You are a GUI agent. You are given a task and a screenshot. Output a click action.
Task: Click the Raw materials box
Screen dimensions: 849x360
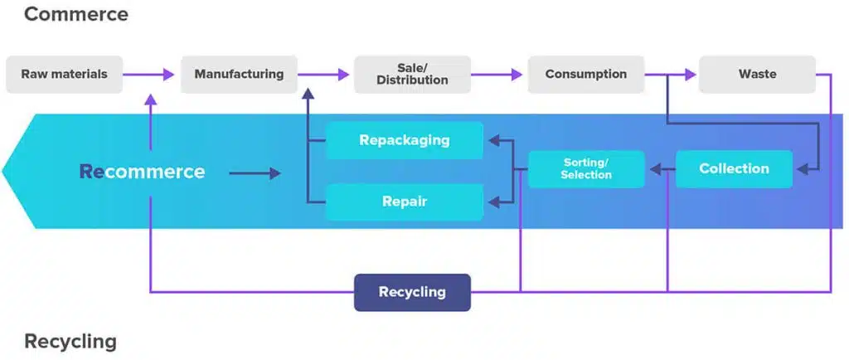pyautogui.click(x=65, y=74)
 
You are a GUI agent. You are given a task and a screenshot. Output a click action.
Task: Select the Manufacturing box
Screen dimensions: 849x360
pyautogui.click(x=239, y=74)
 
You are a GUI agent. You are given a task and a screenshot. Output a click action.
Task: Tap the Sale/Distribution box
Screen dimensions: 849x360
pyautogui.click(x=412, y=74)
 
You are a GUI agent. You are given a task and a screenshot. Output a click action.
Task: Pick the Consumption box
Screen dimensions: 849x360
pyautogui.click(x=586, y=74)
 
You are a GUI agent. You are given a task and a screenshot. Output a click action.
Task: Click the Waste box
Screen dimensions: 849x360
pyautogui.click(x=757, y=74)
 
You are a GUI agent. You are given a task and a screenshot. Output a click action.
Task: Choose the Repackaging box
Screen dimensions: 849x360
pyautogui.click(x=405, y=140)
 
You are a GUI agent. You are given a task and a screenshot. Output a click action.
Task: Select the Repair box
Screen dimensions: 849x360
pyautogui.click(x=405, y=202)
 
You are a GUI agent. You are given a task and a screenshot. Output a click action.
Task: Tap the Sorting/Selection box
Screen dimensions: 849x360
pyautogui.click(x=586, y=169)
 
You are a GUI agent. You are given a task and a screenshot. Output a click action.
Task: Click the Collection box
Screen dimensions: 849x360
pyautogui.click(x=735, y=169)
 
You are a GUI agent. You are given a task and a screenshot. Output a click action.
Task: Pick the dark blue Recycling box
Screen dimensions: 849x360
pyautogui.click(x=412, y=292)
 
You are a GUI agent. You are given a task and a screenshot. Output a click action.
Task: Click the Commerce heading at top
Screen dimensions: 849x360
pyautogui.click(x=76, y=14)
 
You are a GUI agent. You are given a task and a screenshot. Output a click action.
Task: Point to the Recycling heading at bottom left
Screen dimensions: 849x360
pyautogui.click(x=70, y=342)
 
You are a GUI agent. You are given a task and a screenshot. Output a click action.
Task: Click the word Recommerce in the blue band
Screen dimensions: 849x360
pyautogui.click(x=142, y=172)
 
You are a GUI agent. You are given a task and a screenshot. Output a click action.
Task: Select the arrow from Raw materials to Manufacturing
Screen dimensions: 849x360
pyautogui.click(x=148, y=74)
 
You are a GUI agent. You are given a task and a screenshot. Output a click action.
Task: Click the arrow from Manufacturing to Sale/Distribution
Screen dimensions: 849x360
pyautogui.click(x=323, y=74)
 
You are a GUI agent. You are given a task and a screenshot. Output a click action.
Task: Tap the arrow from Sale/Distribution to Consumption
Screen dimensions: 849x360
pyautogui.click(x=497, y=74)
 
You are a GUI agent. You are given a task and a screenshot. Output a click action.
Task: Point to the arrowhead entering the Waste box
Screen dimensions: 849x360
pyautogui.click(x=691, y=74)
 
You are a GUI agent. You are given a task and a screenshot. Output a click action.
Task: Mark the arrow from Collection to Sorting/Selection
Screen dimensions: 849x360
pyautogui.click(x=662, y=169)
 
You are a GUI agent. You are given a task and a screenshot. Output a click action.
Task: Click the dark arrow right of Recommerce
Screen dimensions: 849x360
pyautogui.click(x=255, y=173)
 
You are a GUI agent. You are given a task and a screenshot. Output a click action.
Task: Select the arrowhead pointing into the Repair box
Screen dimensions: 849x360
pyautogui.click(x=494, y=202)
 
